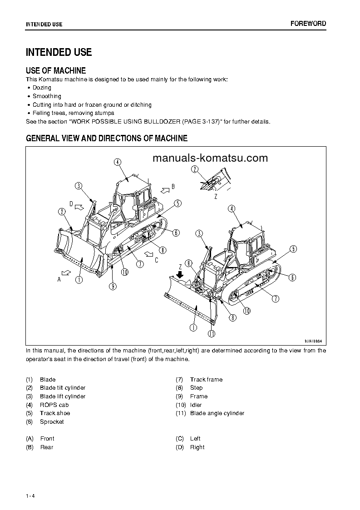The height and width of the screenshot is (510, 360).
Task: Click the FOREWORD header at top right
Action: (308, 24)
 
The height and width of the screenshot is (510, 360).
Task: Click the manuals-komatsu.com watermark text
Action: (210, 158)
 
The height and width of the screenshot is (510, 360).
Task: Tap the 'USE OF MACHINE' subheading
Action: (56, 70)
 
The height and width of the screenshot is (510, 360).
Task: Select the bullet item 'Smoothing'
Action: (47, 96)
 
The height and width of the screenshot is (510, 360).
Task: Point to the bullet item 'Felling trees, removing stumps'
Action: (73, 113)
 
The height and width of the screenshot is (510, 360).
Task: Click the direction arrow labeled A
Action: (66, 272)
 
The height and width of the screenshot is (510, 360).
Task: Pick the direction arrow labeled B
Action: (162, 187)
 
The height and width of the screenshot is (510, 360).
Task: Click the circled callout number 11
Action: (211, 333)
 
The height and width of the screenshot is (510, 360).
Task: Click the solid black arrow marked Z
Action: (180, 274)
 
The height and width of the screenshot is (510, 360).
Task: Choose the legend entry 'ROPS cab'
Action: (54, 405)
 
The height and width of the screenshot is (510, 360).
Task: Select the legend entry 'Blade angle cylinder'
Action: (217, 413)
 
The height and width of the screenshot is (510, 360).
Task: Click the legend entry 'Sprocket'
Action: (52, 422)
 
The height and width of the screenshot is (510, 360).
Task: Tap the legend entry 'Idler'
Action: (196, 405)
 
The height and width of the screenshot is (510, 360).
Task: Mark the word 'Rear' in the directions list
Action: (47, 447)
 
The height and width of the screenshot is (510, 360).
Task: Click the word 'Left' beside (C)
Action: (195, 439)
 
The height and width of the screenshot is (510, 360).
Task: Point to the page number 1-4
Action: (30, 495)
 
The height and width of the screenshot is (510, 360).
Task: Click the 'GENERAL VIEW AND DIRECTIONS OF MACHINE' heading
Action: (107, 139)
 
